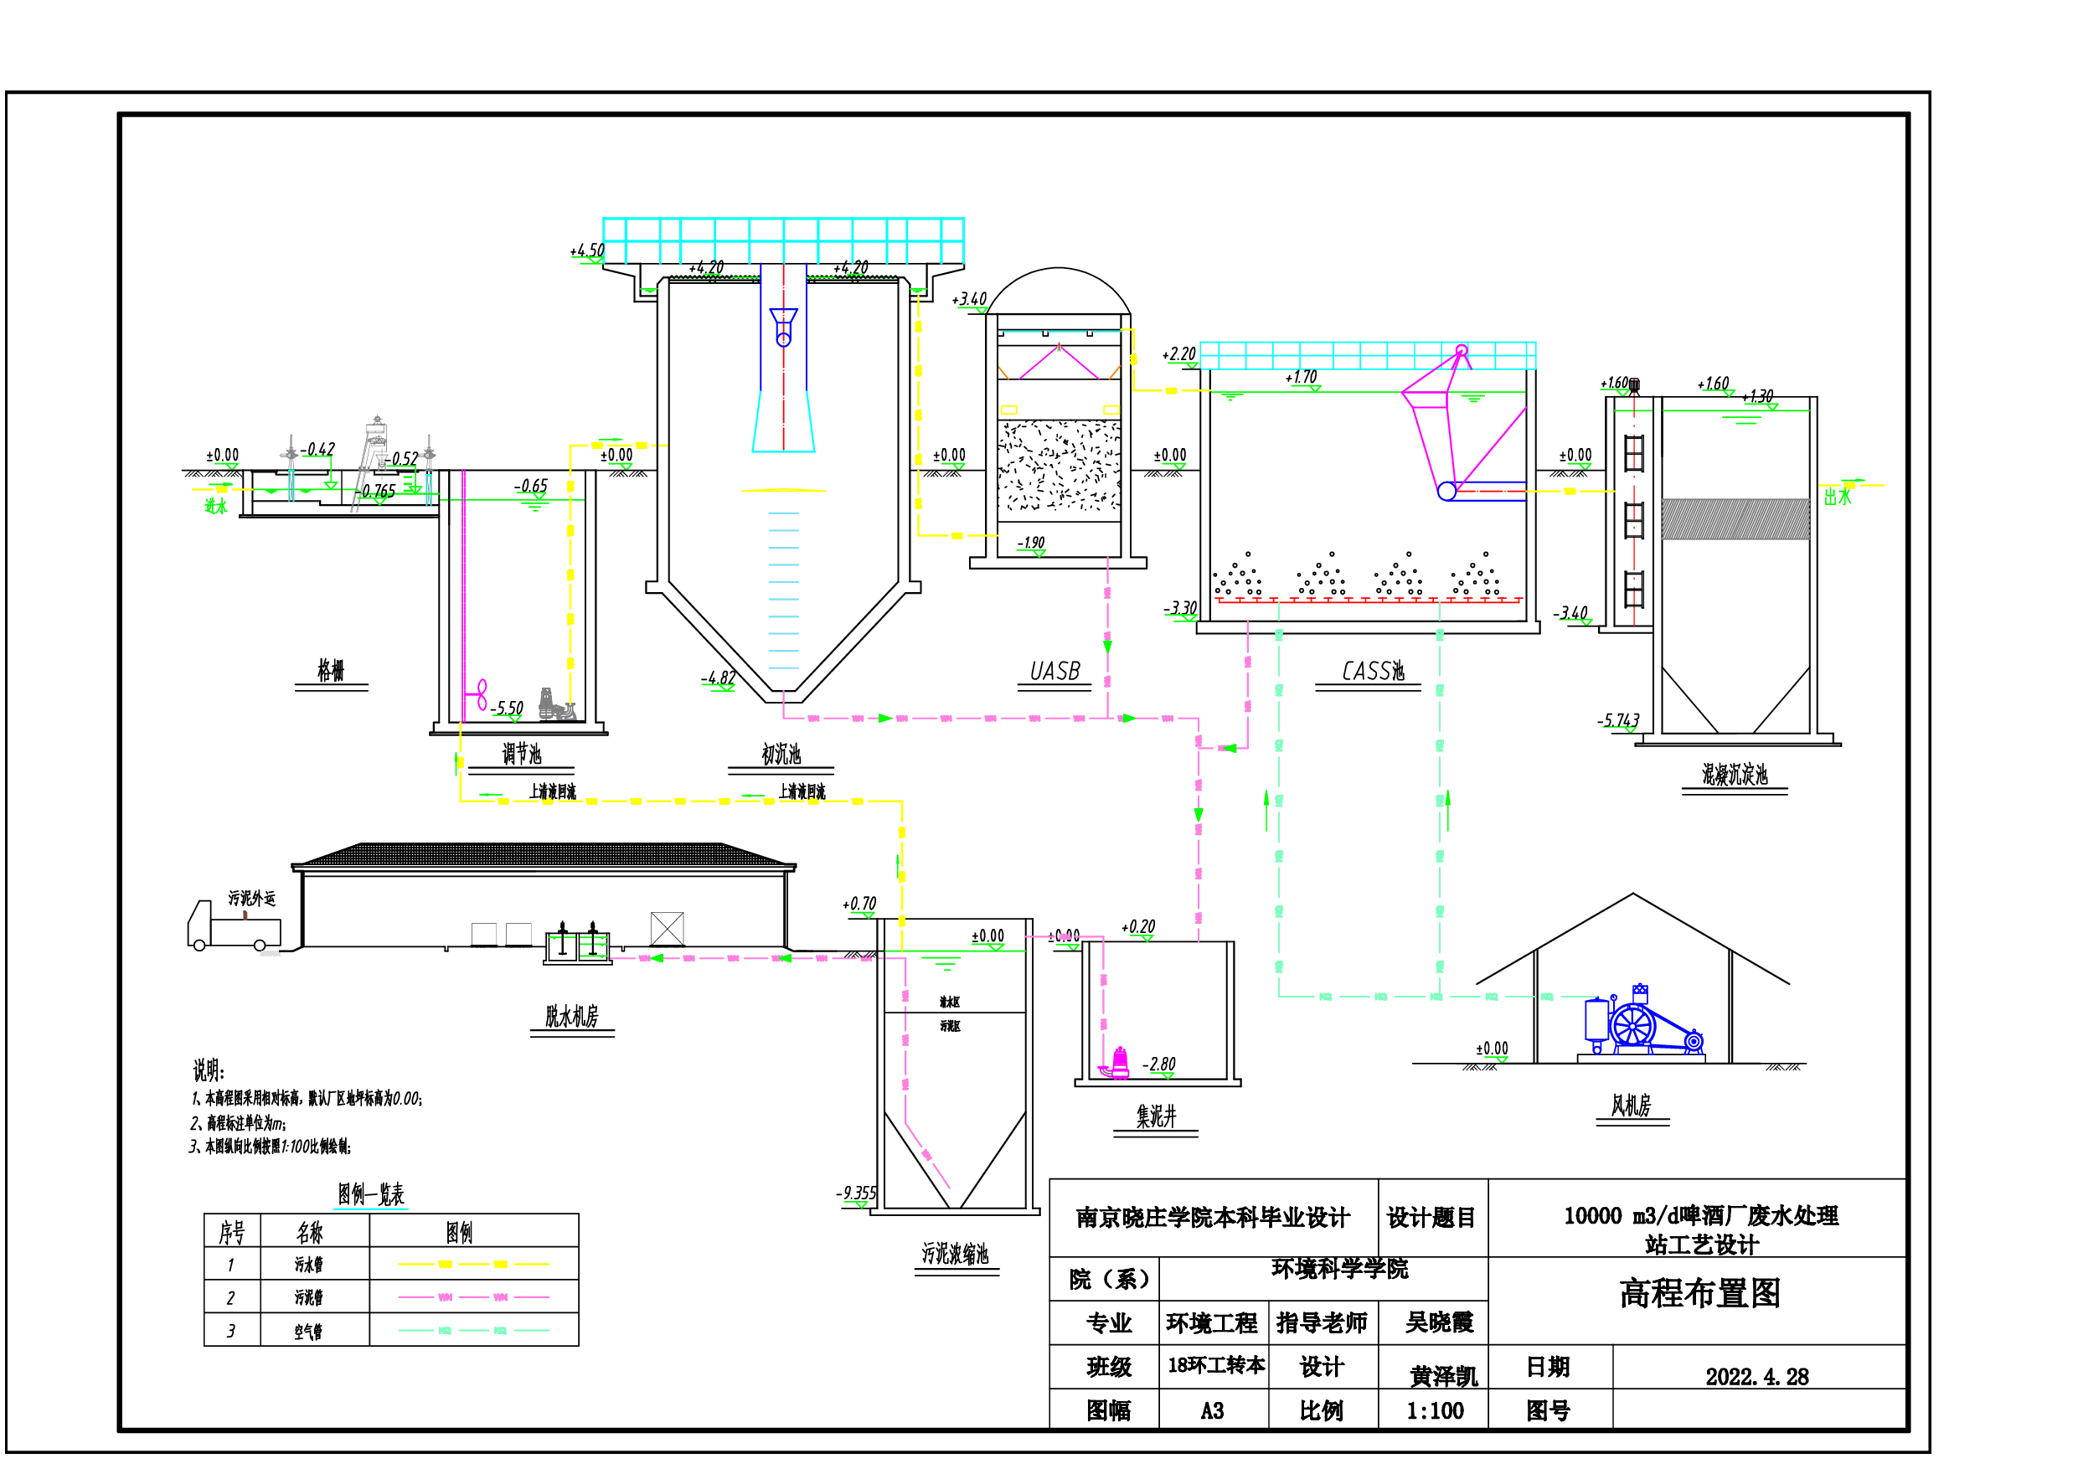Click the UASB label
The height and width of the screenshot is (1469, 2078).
tap(1054, 672)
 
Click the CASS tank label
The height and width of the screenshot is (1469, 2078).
tap(1372, 672)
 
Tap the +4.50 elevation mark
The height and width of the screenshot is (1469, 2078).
tap(587, 250)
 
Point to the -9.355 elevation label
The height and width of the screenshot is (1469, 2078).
tap(856, 1193)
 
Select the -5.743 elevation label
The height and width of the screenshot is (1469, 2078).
tap(1618, 720)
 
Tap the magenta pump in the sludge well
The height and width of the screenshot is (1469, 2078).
tap(1119, 1064)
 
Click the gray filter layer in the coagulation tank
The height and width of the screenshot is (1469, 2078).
tap(1735, 519)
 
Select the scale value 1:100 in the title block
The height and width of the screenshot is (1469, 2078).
tap(1435, 1411)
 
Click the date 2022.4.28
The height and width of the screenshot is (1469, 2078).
tap(1756, 1377)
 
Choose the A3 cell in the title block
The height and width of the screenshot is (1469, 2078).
tap(1212, 1411)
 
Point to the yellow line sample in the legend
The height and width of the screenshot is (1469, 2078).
tap(473, 1265)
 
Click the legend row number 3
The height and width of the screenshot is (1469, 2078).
tap(231, 1331)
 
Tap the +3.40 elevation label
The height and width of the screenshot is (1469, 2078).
tap(969, 300)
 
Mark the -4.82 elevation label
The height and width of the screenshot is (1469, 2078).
tap(719, 678)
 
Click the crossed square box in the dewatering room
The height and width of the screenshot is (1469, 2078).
tap(667, 929)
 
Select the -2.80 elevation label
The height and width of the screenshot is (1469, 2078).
tap(1159, 1064)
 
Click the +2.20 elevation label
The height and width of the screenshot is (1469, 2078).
tap(1179, 354)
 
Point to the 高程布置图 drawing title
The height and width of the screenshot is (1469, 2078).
tap(1699, 1293)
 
